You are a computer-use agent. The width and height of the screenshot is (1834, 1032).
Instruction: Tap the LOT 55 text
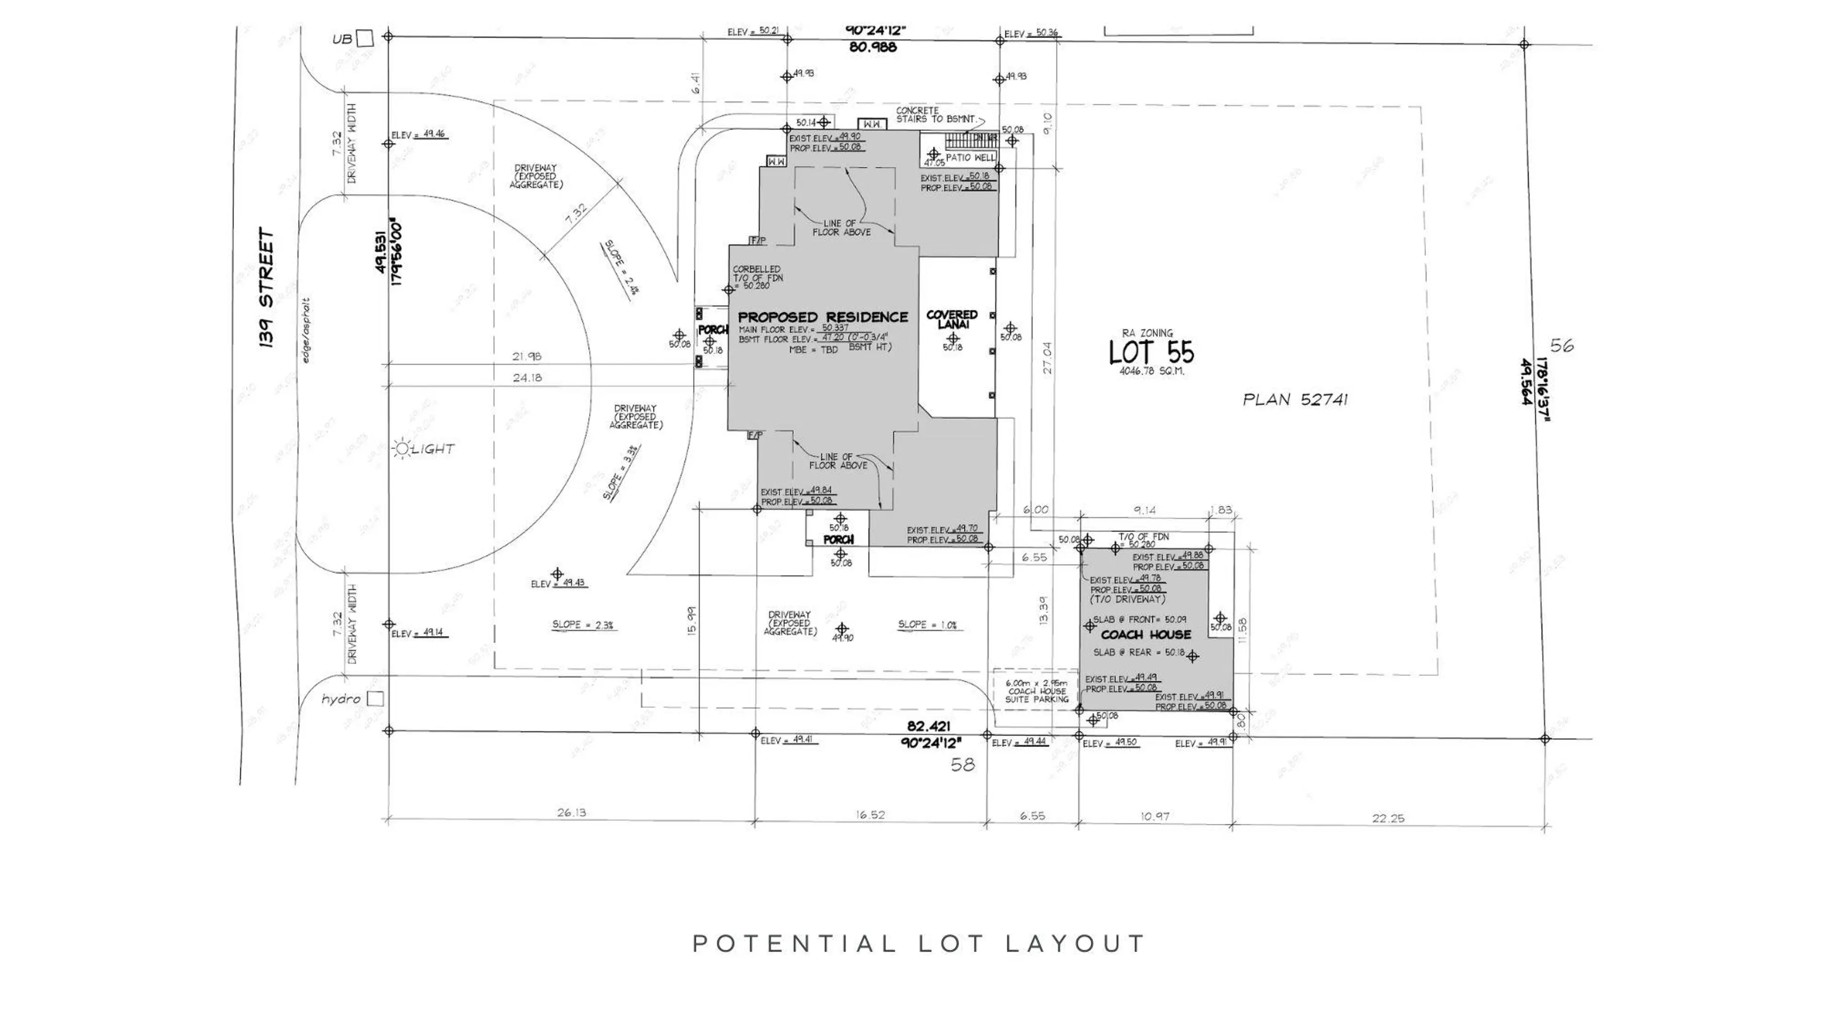tap(1151, 352)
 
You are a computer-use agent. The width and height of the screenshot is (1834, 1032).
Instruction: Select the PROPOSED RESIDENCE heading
tap(823, 317)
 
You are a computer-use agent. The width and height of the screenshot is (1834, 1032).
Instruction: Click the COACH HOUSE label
tap(1146, 635)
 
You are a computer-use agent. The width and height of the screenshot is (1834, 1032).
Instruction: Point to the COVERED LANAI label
tap(952, 319)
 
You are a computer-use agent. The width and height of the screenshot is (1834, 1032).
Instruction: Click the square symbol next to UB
tap(365, 38)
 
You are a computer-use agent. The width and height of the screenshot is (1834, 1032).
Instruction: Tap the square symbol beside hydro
tap(375, 699)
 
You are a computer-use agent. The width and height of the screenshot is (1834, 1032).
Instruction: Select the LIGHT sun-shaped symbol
tap(402, 448)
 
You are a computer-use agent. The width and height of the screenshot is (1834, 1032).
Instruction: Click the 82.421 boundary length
tap(929, 727)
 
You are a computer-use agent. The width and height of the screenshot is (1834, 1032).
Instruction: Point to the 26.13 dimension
tap(571, 812)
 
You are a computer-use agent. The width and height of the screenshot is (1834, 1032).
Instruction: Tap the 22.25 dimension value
tap(1388, 819)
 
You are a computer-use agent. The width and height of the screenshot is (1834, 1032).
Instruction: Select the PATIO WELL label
tap(970, 158)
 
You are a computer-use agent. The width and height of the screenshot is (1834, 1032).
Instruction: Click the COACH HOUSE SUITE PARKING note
tap(1036, 691)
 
